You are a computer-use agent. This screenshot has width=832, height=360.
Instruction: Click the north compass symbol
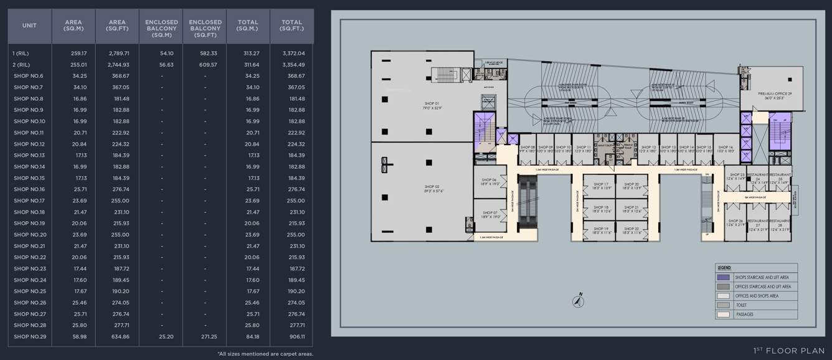(x=579, y=301)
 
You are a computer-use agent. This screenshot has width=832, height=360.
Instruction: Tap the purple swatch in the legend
(x=723, y=277)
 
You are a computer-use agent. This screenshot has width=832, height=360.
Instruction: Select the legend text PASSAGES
(x=744, y=315)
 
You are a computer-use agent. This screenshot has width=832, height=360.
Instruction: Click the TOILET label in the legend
(x=742, y=305)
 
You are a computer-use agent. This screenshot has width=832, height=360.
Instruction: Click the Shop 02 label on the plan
(x=432, y=189)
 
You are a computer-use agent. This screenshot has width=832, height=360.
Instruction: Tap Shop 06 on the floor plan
(x=489, y=182)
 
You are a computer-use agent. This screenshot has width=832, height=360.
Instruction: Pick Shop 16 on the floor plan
(x=726, y=149)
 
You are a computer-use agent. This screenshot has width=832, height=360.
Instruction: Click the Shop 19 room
(x=600, y=230)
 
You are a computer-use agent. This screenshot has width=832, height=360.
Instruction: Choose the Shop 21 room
(x=631, y=209)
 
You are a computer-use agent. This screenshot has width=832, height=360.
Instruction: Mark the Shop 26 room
(x=736, y=223)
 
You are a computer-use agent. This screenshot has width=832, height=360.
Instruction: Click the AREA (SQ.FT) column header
(x=117, y=26)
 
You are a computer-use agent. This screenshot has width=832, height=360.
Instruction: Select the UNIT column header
(x=29, y=26)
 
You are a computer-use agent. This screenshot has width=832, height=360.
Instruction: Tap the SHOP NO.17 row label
(x=29, y=201)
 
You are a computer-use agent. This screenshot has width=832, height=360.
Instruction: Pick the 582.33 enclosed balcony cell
(x=205, y=54)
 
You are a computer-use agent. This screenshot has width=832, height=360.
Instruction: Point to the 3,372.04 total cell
(x=293, y=54)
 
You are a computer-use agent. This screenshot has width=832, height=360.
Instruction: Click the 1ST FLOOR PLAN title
(x=788, y=351)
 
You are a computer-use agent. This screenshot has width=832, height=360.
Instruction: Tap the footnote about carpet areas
(x=265, y=354)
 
